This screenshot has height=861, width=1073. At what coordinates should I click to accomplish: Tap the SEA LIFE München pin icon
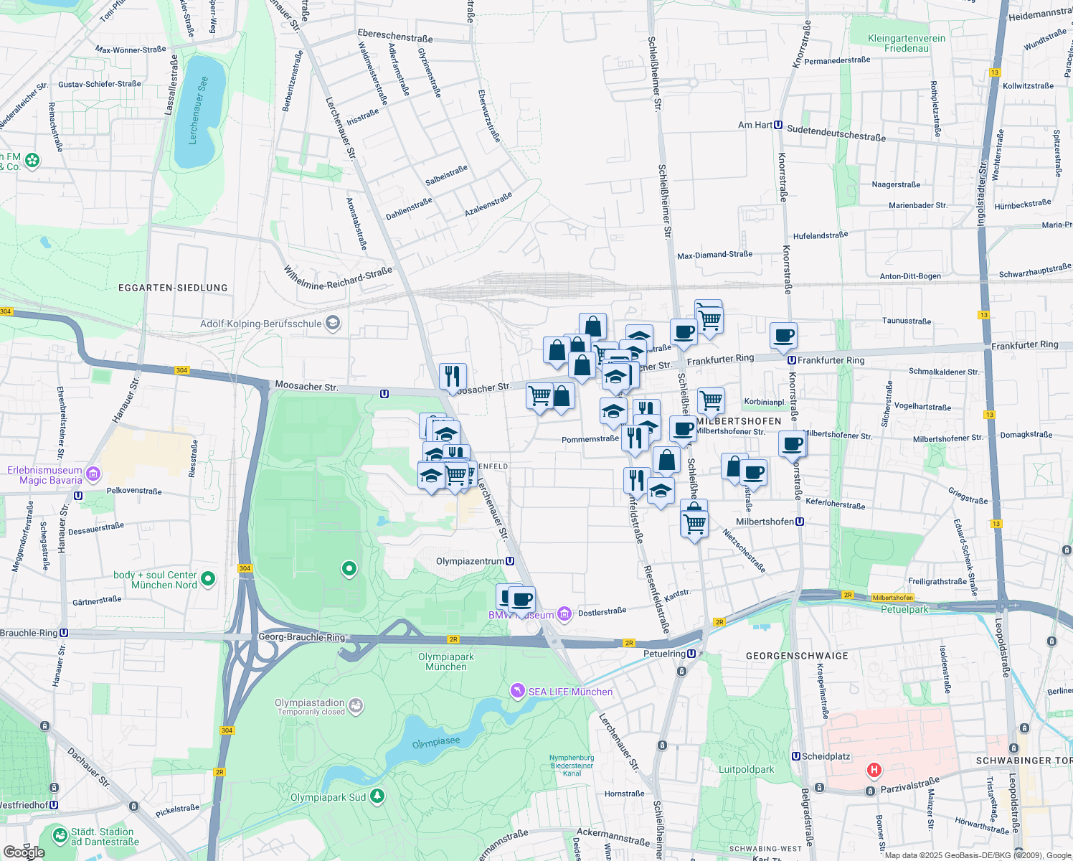tap(517, 691)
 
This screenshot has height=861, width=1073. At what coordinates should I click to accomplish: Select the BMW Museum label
tap(521, 615)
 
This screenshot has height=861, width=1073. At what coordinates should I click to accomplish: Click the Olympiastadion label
tap(309, 703)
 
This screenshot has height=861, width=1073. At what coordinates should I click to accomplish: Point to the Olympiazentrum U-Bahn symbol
tap(510, 561)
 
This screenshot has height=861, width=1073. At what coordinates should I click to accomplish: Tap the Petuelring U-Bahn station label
tap(669, 654)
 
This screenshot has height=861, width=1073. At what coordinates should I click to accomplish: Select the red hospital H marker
tap(874, 771)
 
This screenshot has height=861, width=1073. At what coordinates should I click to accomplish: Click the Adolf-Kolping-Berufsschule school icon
tap(332, 324)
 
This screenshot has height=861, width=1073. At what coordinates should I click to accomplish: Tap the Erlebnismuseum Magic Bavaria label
tap(44, 475)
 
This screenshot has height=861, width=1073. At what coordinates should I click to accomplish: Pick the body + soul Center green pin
tap(208, 578)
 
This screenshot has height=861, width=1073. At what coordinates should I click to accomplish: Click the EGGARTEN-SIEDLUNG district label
tap(173, 288)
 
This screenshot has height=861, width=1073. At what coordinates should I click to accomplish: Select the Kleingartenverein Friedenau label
tap(907, 43)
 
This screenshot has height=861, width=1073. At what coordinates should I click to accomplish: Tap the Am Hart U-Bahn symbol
tap(778, 125)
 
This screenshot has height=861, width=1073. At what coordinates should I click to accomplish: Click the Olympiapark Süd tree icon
tap(377, 796)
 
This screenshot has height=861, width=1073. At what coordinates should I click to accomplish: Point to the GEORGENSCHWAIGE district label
tap(797, 656)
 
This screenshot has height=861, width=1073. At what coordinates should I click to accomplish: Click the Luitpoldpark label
tap(746, 769)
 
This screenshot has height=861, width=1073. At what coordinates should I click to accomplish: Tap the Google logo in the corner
tap(23, 852)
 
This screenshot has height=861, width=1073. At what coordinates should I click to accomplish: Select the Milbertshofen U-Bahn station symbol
tap(800, 522)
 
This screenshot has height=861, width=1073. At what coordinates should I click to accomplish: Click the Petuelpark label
tap(904, 609)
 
